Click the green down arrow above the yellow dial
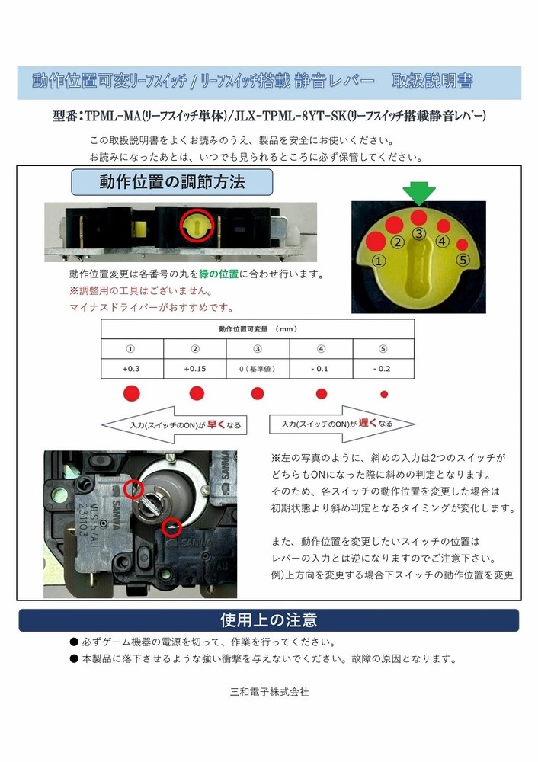pos(418,194)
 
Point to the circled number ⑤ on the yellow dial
pos(462,260)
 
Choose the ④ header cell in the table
pos(321,349)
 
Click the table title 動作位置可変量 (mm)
pos(258,329)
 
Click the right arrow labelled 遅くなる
pos(341,424)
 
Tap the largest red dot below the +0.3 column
pos(131,393)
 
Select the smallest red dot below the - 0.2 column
pos(384,394)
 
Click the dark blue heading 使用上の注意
pos(268,619)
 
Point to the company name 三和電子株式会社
pos(269,692)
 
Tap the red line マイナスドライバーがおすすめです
pos(151,308)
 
